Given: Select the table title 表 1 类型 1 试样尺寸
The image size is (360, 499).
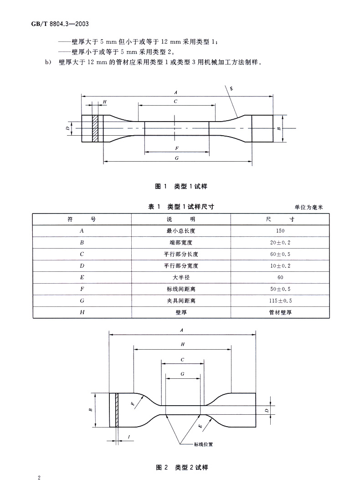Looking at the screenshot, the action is (181, 207).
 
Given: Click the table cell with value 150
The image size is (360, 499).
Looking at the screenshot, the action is (280, 231).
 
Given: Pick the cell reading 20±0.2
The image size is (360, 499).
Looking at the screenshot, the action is (280, 243).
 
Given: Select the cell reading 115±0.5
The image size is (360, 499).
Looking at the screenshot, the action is (280, 301).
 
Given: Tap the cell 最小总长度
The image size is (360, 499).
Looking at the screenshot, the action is (181, 231).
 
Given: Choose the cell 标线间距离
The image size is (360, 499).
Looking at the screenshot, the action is (181, 289).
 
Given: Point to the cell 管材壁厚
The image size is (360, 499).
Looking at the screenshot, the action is (280, 312).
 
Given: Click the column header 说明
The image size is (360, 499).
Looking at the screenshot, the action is (181, 219).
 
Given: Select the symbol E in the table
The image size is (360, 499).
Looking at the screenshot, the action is (82, 277).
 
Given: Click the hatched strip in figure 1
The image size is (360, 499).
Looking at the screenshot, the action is (95, 128).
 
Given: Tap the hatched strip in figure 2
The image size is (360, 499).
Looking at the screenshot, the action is (117, 410).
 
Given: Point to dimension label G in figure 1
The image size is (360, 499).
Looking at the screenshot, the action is (176, 157).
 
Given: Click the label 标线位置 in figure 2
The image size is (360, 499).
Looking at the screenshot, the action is (203, 444).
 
